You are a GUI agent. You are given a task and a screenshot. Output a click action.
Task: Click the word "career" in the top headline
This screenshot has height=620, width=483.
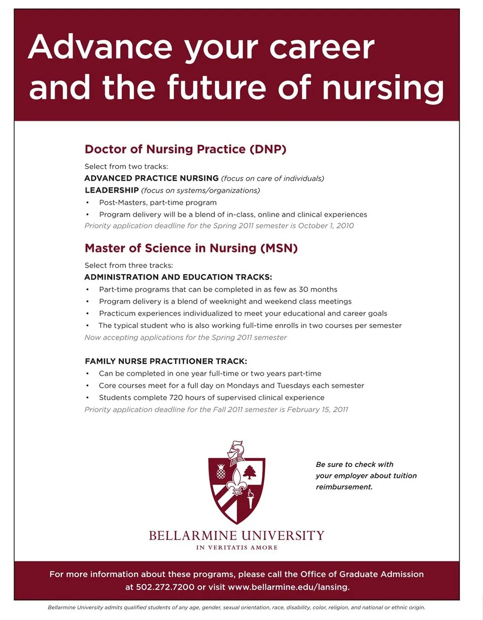pyautogui.click(x=322, y=48)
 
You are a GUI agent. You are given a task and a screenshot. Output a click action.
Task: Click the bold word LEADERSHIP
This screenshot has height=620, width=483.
pyautogui.click(x=111, y=190)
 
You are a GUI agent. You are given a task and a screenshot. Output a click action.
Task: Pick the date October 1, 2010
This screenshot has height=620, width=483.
pyautogui.click(x=326, y=225)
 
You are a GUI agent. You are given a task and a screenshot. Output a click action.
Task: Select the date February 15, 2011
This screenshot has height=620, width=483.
pyautogui.click(x=317, y=410)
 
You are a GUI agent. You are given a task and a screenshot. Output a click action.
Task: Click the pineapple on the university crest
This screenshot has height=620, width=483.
pyautogui.click(x=221, y=472)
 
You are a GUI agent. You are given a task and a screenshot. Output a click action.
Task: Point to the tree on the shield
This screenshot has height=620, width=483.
pyautogui.click(x=250, y=472)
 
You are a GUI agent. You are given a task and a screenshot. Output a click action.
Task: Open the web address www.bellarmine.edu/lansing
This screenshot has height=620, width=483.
pyautogui.click(x=288, y=587)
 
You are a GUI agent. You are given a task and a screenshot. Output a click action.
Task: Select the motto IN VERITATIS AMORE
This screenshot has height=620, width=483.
pyautogui.click(x=236, y=548)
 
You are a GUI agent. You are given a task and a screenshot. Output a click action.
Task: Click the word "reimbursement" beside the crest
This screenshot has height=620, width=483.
pyautogui.click(x=344, y=487)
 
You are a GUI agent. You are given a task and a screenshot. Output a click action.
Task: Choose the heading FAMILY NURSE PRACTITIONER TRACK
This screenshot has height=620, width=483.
pyautogui.click(x=166, y=361)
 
